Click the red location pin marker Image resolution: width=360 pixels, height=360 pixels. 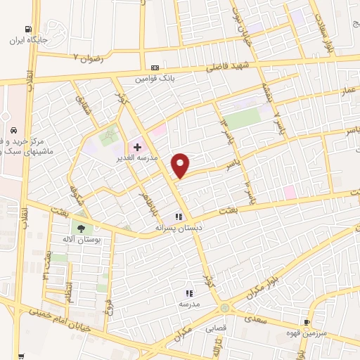point(181,165)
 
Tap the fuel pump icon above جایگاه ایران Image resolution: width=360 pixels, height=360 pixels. point(27,30)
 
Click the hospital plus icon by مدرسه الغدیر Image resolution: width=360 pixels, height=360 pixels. point(137,147)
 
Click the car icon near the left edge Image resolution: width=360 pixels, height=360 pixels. point(13,130)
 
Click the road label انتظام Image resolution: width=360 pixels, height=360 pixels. point(69,289)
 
